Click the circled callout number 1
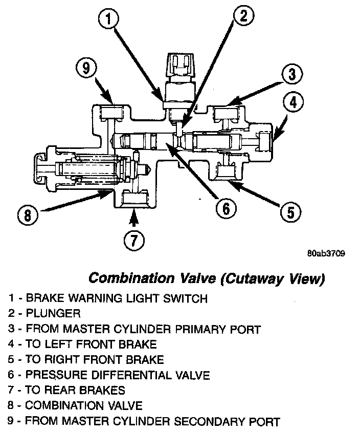pyautogui.click(x=108, y=20)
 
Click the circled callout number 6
pyautogui.click(x=226, y=208)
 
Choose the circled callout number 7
pyautogui.click(x=133, y=241)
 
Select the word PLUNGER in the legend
pyautogui.click(x=53, y=313)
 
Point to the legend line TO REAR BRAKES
pyautogui.click(x=75, y=391)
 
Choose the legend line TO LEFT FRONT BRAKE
pyautogui.click(x=91, y=344)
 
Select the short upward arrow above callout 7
pyautogui.click(x=133, y=221)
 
